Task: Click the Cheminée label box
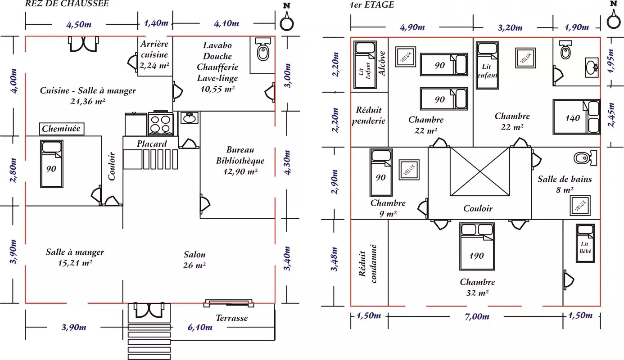click(62, 129)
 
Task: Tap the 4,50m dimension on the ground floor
click(79, 24)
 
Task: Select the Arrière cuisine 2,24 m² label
click(154, 54)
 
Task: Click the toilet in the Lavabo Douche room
click(262, 49)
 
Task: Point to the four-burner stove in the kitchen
click(160, 124)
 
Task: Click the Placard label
click(152, 144)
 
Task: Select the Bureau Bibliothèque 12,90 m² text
click(240, 161)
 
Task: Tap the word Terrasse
click(232, 318)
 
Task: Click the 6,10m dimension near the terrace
click(200, 327)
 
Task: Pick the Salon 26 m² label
click(194, 260)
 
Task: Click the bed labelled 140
click(576, 117)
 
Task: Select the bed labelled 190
click(477, 247)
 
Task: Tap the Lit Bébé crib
click(585, 243)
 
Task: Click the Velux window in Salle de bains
click(580, 206)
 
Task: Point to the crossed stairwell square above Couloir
click(479, 171)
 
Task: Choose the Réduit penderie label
click(369, 115)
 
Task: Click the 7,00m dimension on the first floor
click(477, 316)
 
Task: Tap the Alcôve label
click(382, 63)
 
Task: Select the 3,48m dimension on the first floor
click(334, 259)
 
